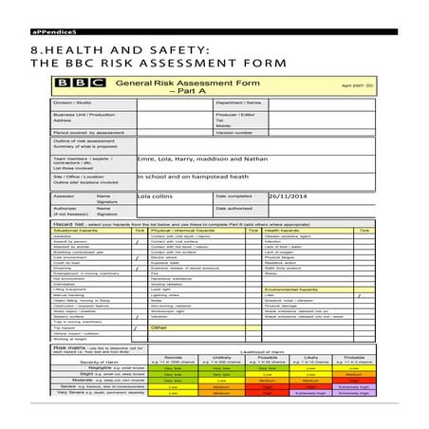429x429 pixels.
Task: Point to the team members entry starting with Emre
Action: pyautogui.click(x=203, y=159)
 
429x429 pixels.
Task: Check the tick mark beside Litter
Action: pyautogui.click(x=359, y=296)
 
